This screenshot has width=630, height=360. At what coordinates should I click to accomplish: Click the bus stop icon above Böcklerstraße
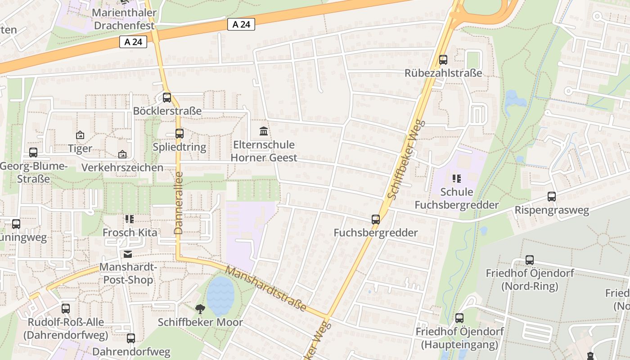point(167,97)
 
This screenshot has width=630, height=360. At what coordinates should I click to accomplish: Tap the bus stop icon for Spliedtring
point(180,133)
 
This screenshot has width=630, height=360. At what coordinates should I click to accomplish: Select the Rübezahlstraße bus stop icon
point(443,59)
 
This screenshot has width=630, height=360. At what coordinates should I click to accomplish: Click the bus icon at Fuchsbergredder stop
point(376,220)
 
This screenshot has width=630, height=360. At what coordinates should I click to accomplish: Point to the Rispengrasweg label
point(552,210)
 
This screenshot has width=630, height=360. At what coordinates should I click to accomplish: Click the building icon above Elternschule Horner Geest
point(264,131)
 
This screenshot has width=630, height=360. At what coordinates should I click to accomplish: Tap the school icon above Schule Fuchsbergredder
point(457,179)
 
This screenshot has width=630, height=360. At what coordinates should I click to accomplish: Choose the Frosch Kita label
point(130,233)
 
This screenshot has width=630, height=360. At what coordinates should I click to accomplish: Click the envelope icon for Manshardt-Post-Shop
point(128,254)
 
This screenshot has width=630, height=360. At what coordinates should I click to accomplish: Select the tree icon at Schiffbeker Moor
point(200,309)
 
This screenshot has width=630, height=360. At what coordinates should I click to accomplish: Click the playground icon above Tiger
point(80,135)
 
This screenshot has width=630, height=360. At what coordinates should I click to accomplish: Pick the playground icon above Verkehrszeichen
point(122,154)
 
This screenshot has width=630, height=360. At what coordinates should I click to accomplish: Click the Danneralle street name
point(179,202)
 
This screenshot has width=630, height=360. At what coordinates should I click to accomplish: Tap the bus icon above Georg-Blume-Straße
point(33,152)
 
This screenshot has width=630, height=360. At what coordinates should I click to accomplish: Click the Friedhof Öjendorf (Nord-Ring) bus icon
point(530,260)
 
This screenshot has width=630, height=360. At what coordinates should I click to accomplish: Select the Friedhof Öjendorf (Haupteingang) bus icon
point(459,318)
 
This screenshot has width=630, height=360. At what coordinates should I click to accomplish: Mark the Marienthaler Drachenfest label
point(124,18)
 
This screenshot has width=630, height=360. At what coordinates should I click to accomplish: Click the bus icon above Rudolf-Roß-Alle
point(66,309)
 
